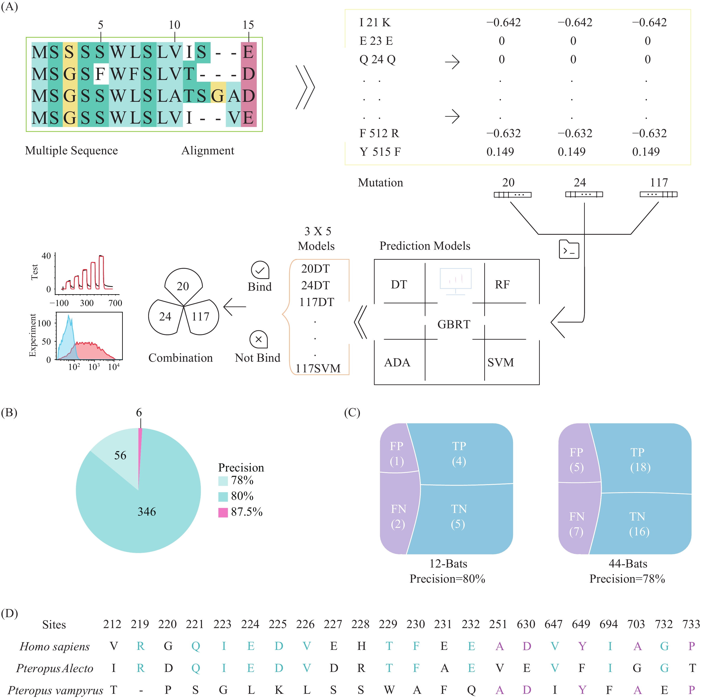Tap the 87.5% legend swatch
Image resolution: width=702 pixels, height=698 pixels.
point(223,512)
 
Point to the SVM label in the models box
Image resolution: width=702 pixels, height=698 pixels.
point(501,362)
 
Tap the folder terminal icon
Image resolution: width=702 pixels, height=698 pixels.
point(569,249)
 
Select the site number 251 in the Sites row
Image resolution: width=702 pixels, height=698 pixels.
point(498,624)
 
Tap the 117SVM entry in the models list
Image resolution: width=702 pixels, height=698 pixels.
point(318,368)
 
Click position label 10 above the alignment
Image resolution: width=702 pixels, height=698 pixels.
point(174,25)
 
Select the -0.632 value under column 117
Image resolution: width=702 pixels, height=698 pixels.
point(649,133)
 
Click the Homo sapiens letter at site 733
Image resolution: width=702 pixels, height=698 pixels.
point(692,646)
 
